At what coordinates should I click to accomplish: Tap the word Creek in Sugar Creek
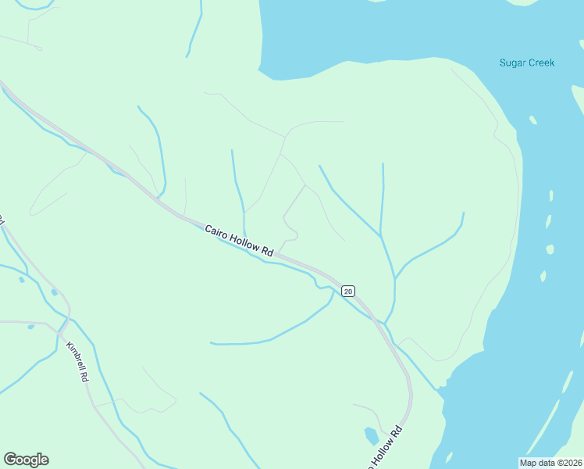click(540, 63)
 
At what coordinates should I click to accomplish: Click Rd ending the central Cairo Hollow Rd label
click(267, 252)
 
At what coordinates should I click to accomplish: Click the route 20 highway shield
click(348, 291)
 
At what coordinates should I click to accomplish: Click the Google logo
click(26, 460)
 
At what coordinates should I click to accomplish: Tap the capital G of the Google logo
click(9, 460)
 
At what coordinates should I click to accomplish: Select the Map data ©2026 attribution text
click(550, 462)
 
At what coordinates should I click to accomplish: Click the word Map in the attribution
click(529, 462)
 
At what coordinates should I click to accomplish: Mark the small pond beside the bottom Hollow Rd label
click(372, 435)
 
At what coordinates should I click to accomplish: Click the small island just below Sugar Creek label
click(532, 120)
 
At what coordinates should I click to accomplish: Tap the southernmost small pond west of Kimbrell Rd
click(30, 327)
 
